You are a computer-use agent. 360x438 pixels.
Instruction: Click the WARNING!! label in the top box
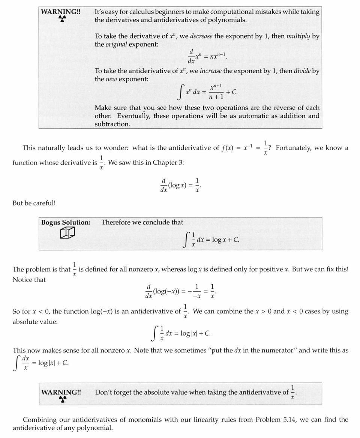pos(61,12)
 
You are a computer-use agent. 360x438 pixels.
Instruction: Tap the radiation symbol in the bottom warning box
pos(62,399)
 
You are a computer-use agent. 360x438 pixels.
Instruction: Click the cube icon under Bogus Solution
pos(67,233)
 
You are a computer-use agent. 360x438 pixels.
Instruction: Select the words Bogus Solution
pos(66,222)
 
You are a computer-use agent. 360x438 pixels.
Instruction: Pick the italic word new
pos(111,79)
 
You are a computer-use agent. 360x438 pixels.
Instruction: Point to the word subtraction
pos(112,124)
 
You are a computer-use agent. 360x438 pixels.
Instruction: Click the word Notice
pos(24,280)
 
